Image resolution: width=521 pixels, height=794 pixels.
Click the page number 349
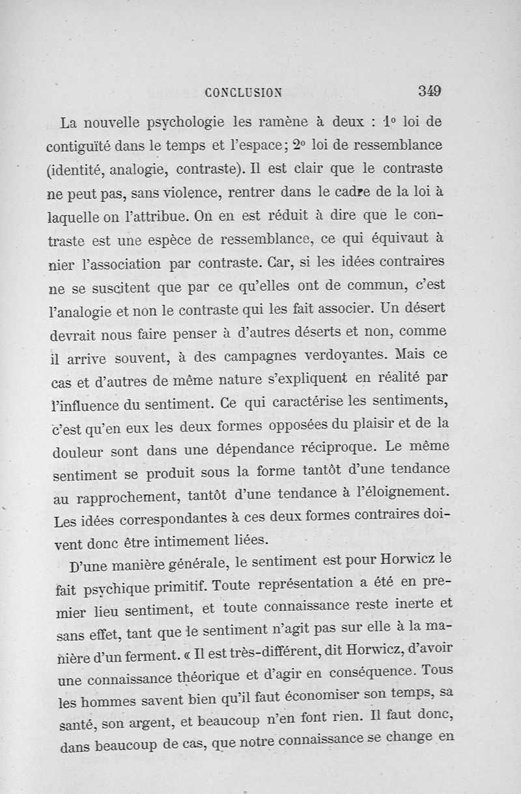pyautogui.click(x=430, y=91)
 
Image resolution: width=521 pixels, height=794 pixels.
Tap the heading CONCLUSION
pyautogui.click(x=243, y=92)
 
